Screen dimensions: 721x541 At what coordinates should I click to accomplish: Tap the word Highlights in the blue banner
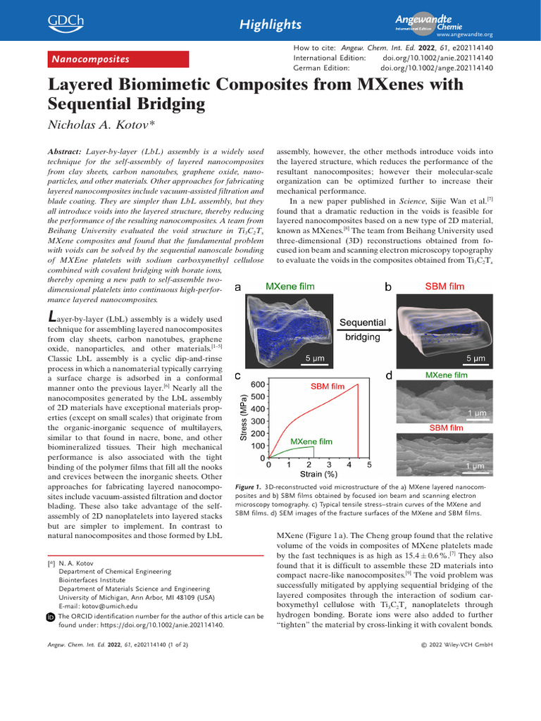tap(270, 25)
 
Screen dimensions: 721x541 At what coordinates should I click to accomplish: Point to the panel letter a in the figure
tap(237, 287)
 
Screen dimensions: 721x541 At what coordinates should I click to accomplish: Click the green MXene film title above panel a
tap(290, 287)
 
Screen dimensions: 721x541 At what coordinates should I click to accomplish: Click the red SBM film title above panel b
tap(444, 287)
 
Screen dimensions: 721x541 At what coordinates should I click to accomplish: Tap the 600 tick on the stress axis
tap(257, 384)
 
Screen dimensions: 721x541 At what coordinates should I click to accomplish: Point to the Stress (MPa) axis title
tap(244, 420)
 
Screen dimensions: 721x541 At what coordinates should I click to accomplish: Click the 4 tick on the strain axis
tap(349, 464)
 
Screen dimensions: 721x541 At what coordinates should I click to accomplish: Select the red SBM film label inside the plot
tap(328, 387)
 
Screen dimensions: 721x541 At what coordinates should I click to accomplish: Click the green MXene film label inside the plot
tap(311, 441)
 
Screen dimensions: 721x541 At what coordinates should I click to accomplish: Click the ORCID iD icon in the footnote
tap(50, 617)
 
